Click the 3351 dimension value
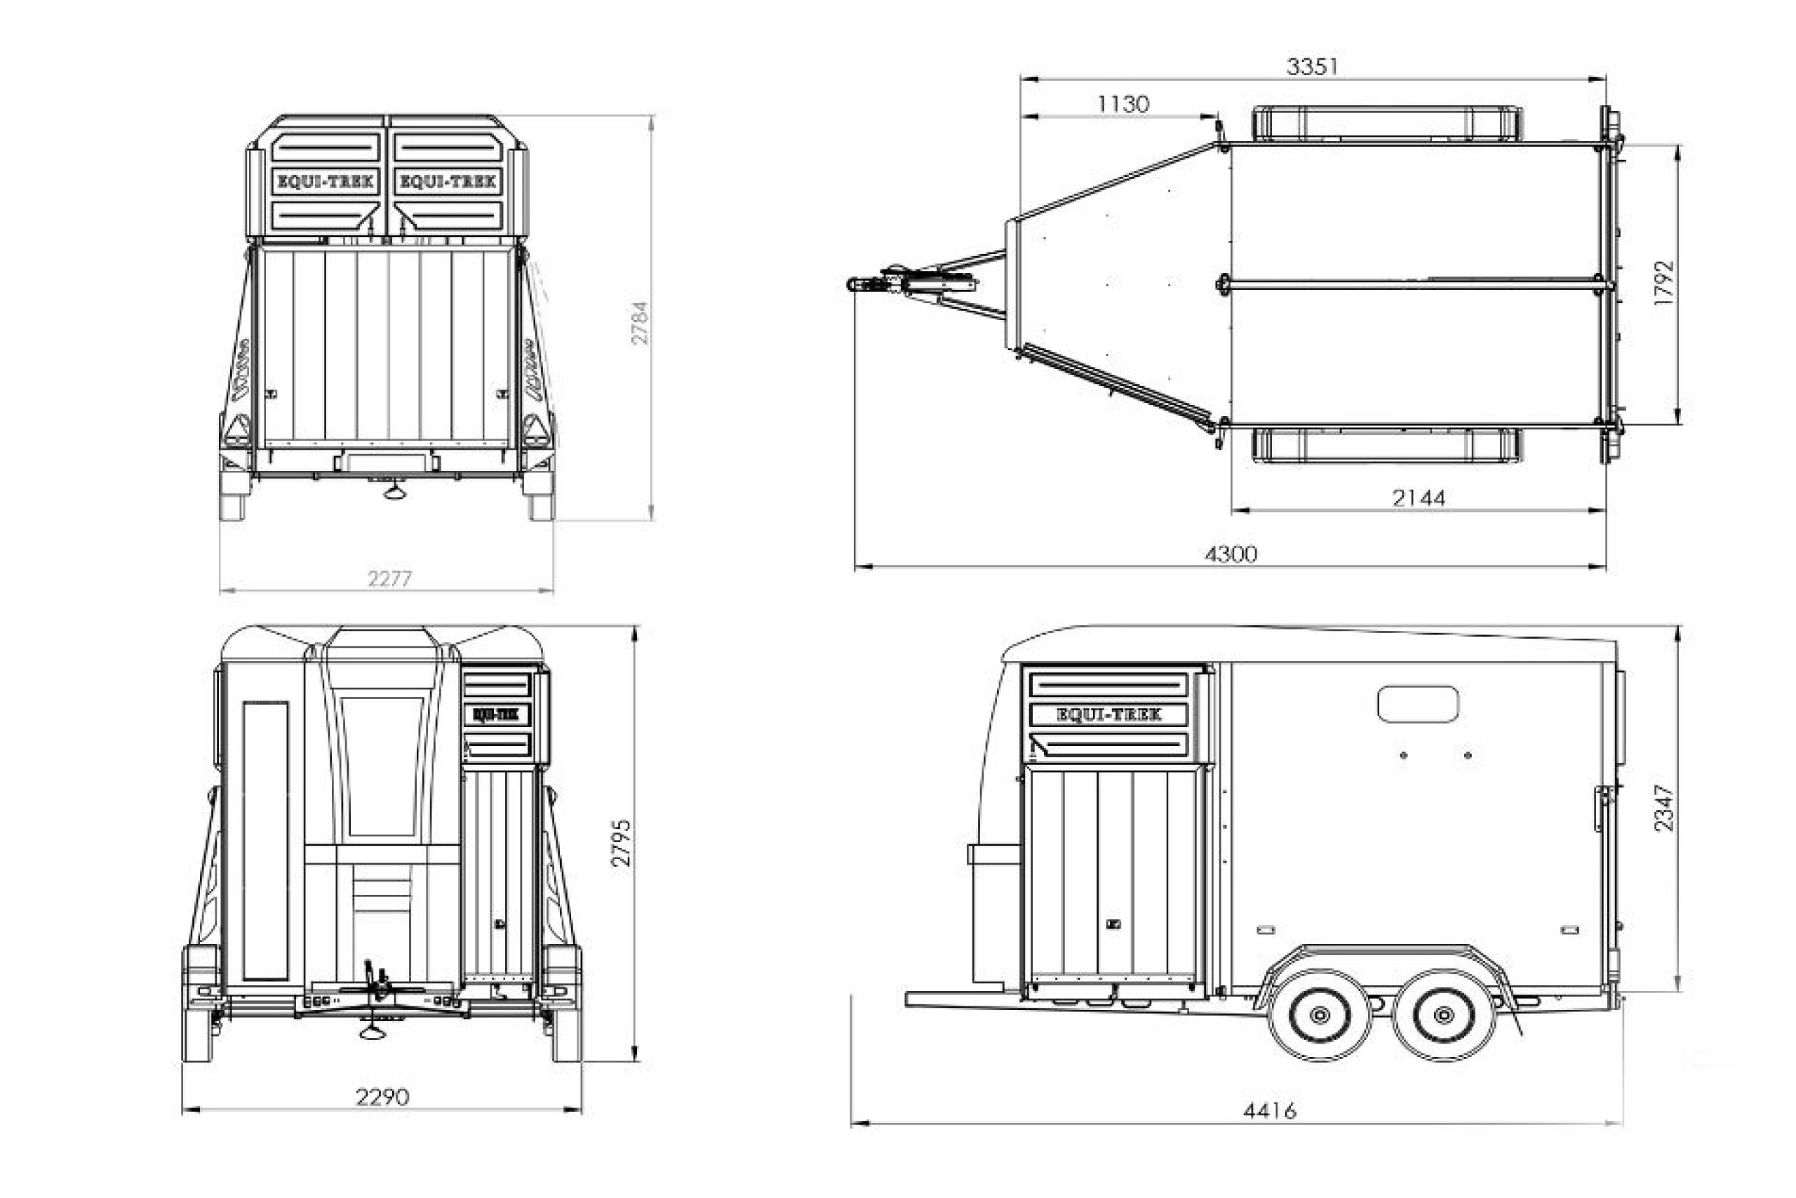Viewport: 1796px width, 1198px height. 1312,67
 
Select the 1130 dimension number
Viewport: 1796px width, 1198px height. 1122,104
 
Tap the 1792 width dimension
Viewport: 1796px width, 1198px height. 1664,284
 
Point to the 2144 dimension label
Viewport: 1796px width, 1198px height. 1418,498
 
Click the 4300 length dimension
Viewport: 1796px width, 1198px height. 1230,553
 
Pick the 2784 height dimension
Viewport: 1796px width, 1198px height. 640,322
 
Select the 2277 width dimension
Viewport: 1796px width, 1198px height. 389,579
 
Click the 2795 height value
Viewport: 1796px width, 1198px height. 622,843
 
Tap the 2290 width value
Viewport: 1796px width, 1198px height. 382,1097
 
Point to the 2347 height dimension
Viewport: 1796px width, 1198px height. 1664,808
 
